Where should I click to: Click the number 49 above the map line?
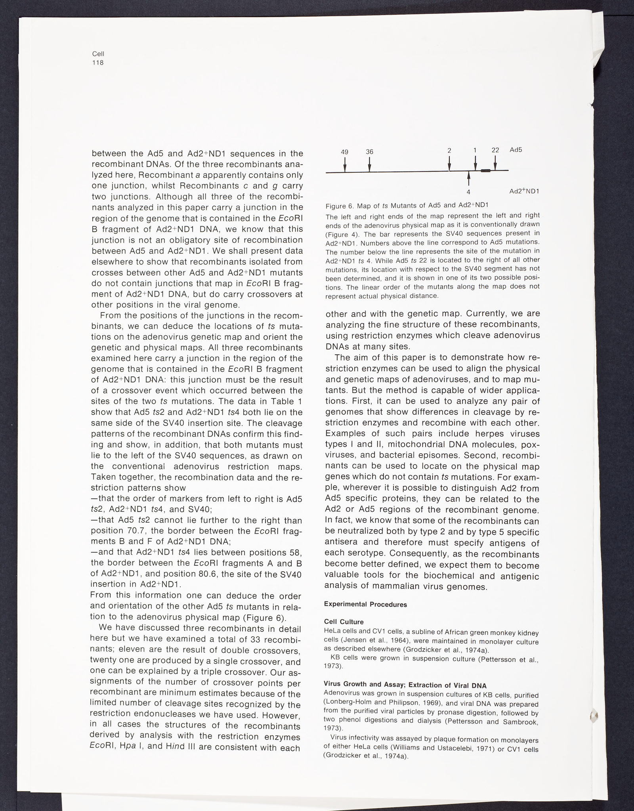(x=345, y=151)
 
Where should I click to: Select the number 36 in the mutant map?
(x=369, y=151)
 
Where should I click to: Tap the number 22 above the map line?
(x=495, y=150)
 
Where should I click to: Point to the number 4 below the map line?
(x=468, y=192)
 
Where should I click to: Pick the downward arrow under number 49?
(x=345, y=164)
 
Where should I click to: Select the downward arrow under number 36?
(x=369, y=164)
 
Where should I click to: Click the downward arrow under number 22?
(x=495, y=162)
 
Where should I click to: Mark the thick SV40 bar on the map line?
(x=486, y=171)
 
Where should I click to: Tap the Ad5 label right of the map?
(x=516, y=150)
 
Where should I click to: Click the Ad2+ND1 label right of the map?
(x=524, y=191)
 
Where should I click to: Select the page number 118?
(x=97, y=63)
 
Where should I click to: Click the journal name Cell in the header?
(x=98, y=54)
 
